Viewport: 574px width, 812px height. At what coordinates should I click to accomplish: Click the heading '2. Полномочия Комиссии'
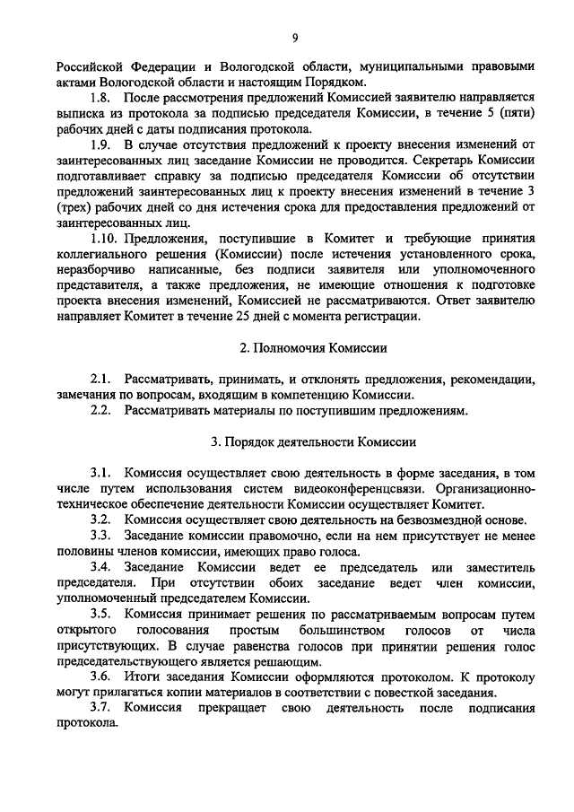point(299,347)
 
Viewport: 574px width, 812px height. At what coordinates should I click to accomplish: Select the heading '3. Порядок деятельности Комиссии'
point(300,441)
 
